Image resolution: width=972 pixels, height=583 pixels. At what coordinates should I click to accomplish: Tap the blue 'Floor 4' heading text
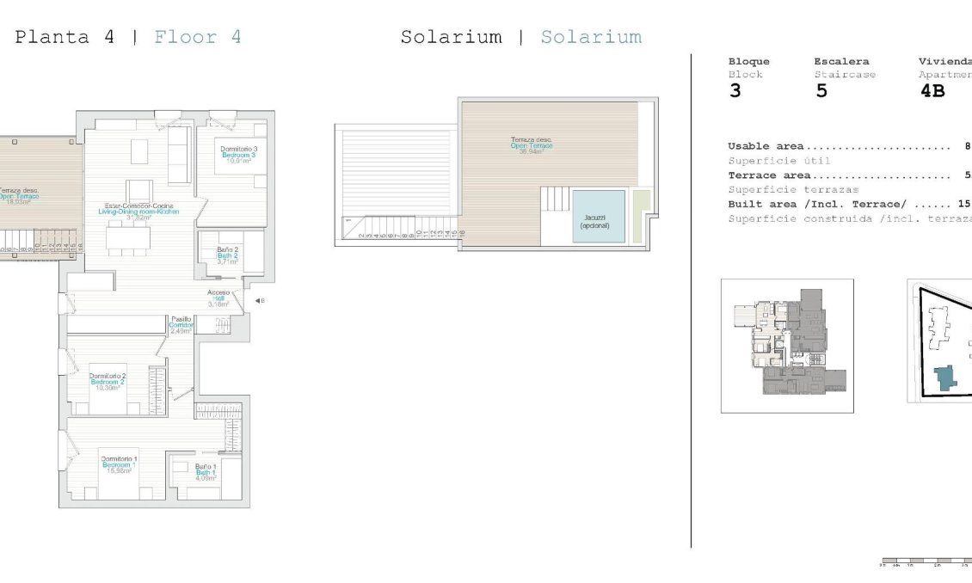[198, 37]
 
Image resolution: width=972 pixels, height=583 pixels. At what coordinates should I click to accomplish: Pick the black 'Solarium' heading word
[451, 37]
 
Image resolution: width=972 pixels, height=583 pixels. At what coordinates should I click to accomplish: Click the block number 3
[735, 91]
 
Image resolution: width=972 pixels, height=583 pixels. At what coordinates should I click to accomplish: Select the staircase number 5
[821, 91]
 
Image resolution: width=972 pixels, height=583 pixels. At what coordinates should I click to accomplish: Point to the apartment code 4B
[932, 91]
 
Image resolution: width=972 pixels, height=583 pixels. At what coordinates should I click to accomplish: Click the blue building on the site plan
[946, 377]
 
